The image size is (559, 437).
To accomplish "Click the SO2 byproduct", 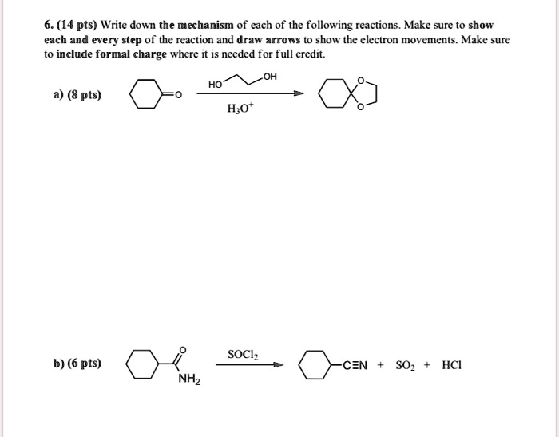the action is [407, 366].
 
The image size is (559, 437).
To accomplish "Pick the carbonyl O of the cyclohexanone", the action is [179, 96].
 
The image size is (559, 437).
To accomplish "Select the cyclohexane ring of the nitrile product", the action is [315, 366].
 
